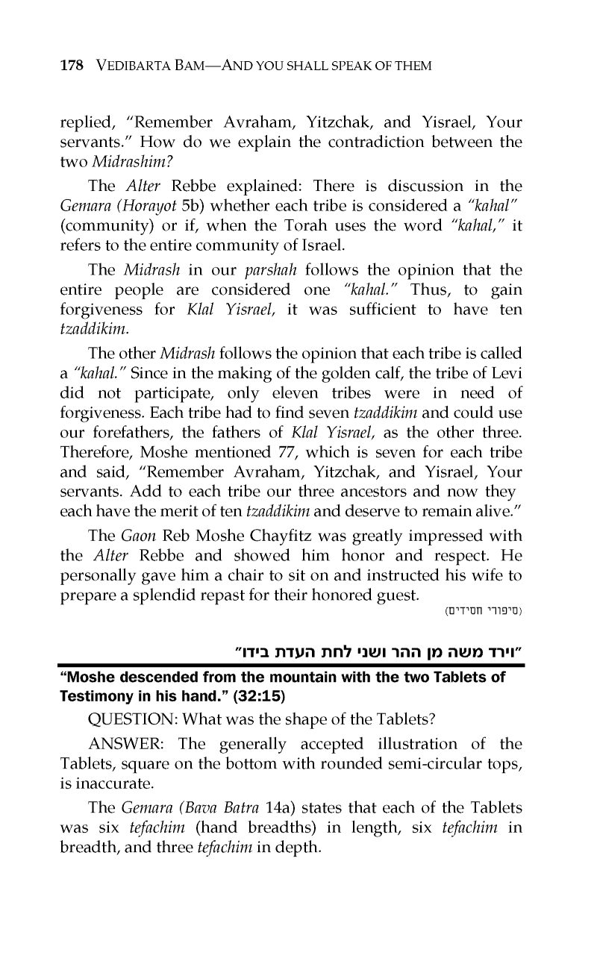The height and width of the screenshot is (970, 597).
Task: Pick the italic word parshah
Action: pyautogui.click(x=266, y=267)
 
